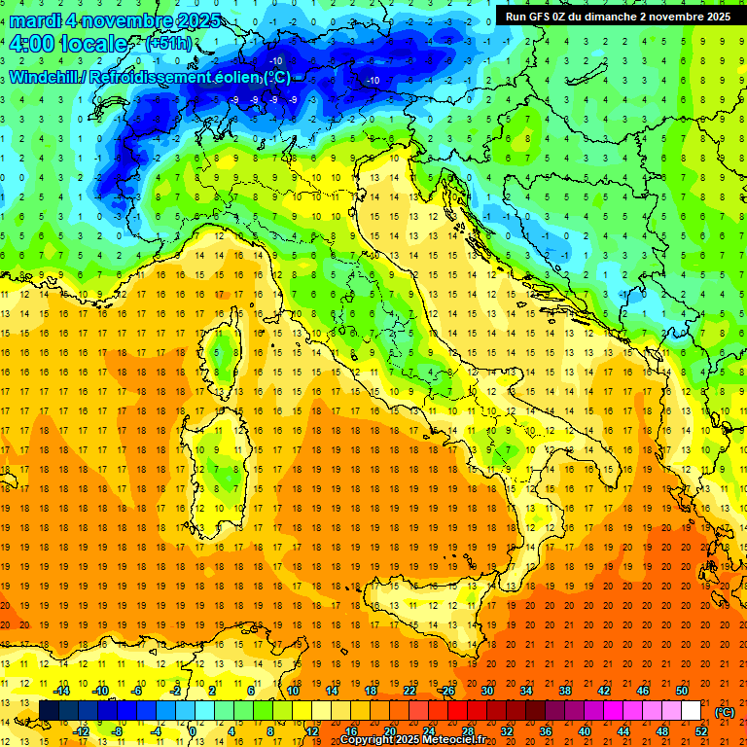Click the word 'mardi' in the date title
[36, 20]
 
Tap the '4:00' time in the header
[32, 45]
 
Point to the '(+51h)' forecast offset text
[168, 44]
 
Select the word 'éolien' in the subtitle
[239, 78]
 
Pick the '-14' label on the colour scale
[61, 691]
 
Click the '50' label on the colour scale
[682, 691]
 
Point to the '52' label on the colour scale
[701, 731]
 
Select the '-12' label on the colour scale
[81, 731]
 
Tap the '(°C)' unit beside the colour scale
[725, 712]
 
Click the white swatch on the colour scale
[692, 711]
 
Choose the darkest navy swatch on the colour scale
[49, 711]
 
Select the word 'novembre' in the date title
[124, 20]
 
